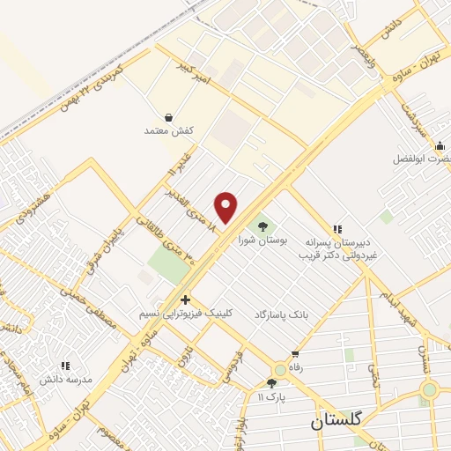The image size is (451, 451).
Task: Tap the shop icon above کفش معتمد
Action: click(168, 117)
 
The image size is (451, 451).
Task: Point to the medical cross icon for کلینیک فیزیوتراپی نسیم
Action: click(186, 299)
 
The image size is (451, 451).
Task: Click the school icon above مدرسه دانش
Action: click(63, 365)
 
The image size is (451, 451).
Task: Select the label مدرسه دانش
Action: click(65, 379)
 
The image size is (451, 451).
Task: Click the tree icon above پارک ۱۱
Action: click(271, 383)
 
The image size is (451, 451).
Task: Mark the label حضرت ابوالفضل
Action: click(424, 160)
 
